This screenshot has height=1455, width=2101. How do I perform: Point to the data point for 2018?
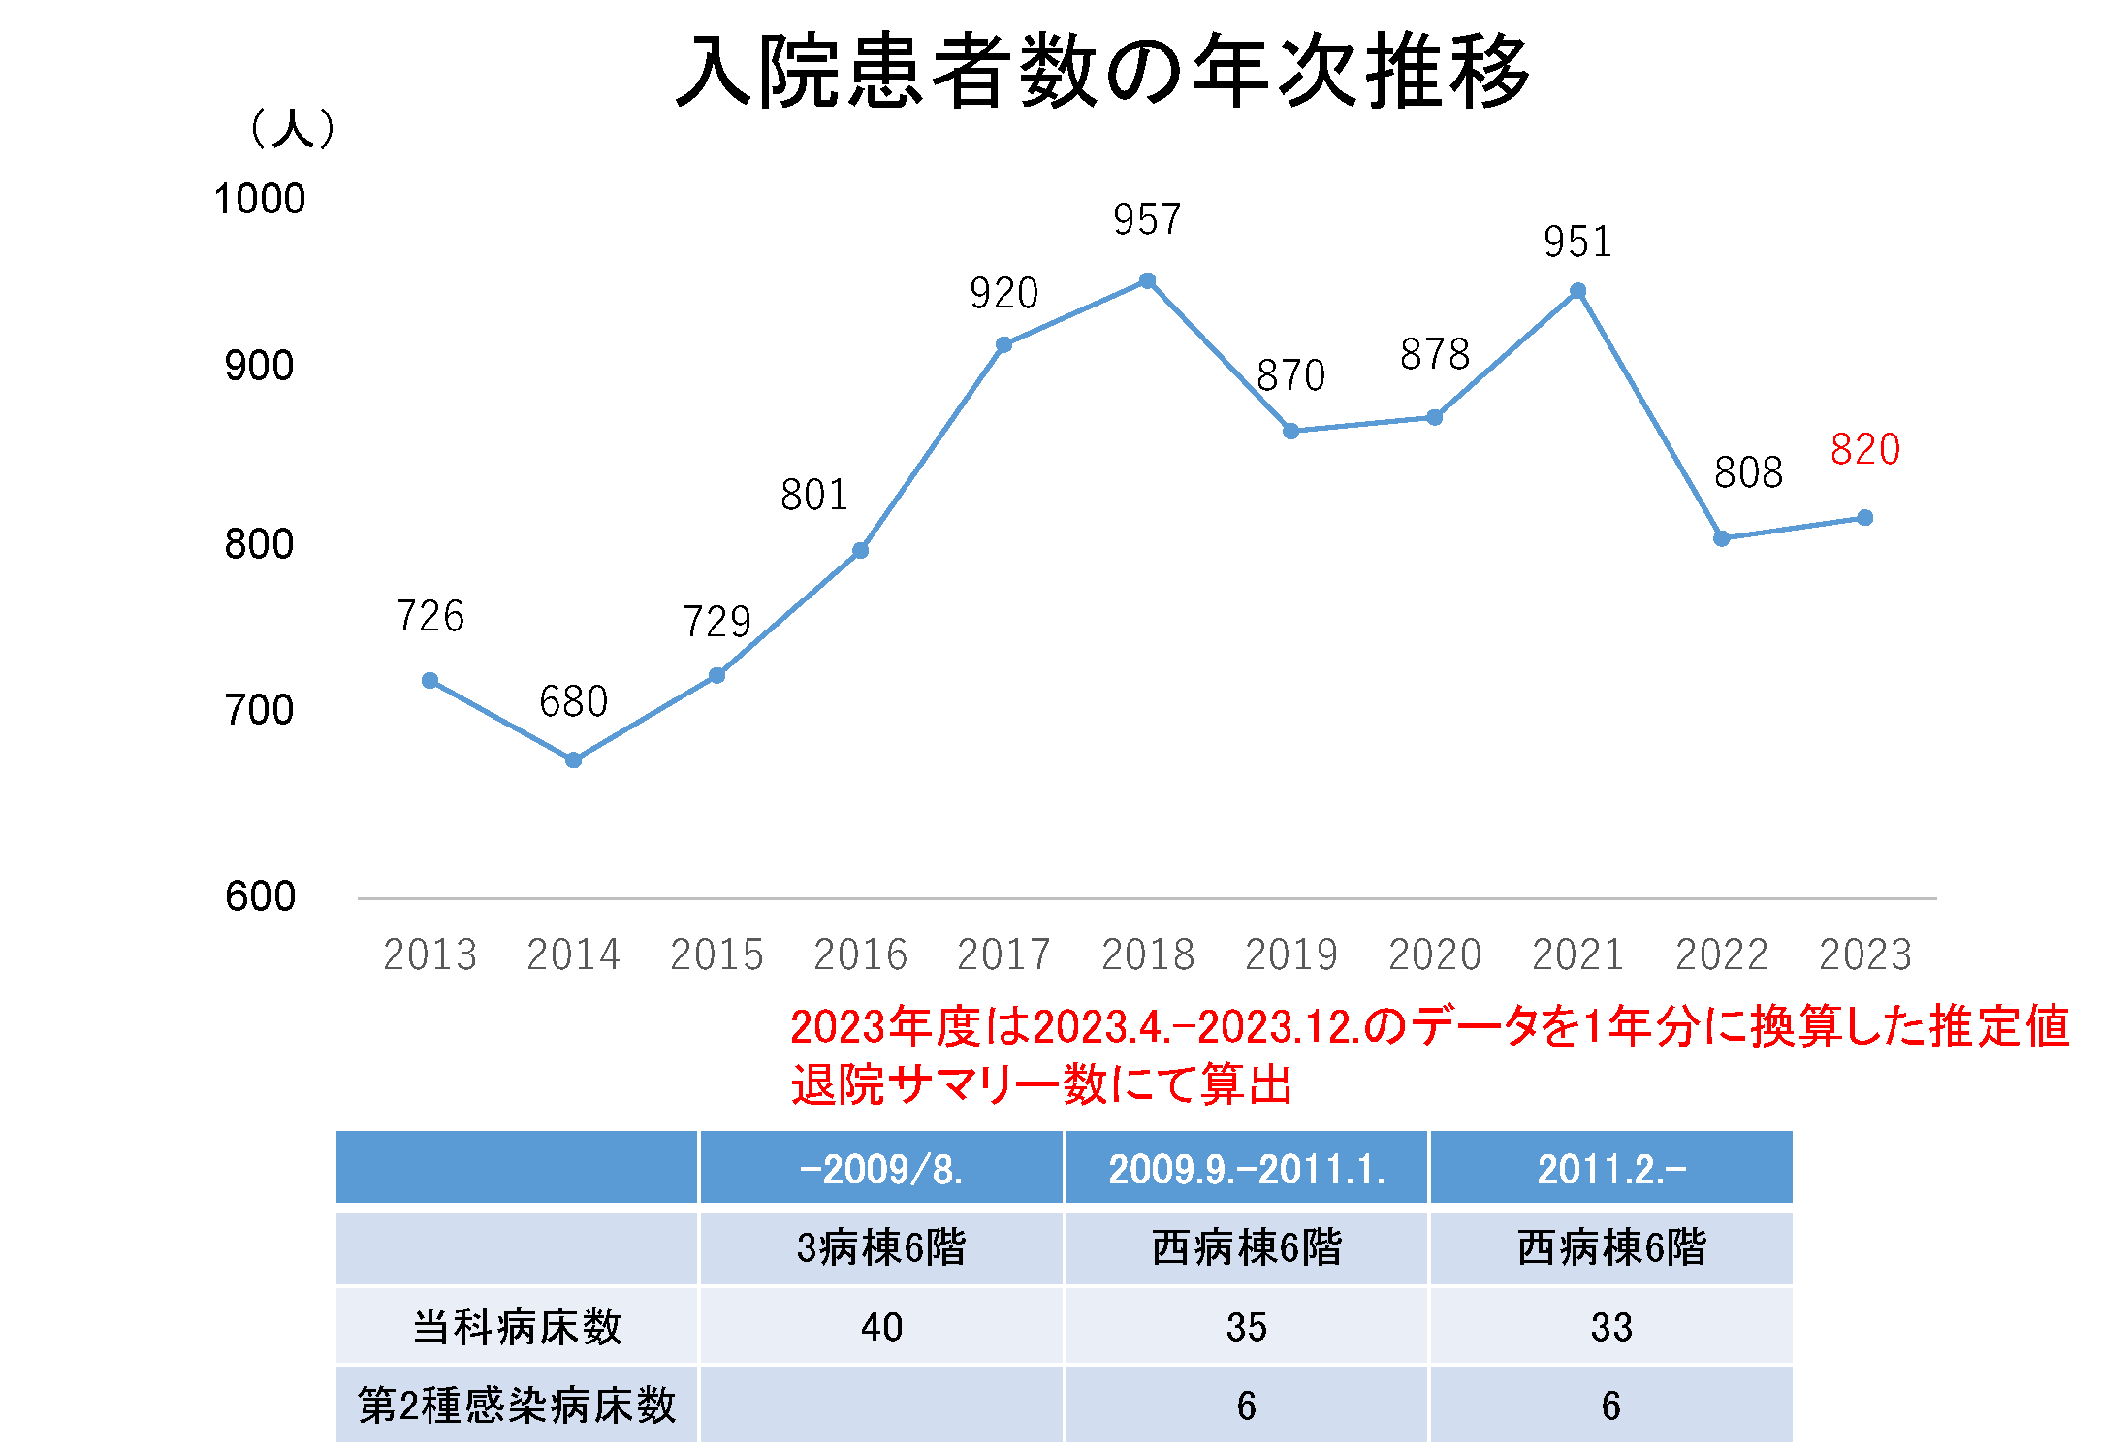[1147, 281]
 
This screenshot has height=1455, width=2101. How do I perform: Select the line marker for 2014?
[573, 760]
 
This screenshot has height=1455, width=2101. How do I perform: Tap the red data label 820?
[1864, 449]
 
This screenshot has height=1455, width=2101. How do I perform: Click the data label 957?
[1147, 220]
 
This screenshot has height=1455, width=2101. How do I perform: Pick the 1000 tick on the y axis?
[259, 199]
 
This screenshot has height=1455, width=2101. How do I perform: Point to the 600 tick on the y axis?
[259, 896]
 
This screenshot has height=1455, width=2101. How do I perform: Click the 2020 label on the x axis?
[1434, 954]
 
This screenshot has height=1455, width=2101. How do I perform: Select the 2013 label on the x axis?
[430, 954]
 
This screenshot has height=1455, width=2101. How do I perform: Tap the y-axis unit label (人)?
[292, 128]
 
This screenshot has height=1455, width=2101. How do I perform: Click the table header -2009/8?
[880, 1169]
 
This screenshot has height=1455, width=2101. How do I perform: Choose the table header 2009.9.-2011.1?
[1246, 1169]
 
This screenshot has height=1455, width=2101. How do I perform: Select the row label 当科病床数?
[517, 1327]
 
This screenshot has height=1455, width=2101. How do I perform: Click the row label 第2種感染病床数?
[517, 1406]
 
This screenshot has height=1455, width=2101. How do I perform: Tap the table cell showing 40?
[880, 1327]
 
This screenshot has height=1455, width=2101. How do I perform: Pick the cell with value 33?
[1610, 1327]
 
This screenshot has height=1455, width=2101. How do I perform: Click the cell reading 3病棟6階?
[880, 1247]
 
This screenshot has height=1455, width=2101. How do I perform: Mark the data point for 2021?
[1577, 291]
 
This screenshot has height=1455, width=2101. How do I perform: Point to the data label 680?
[573, 701]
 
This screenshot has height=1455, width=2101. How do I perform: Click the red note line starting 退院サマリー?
[1041, 1084]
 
